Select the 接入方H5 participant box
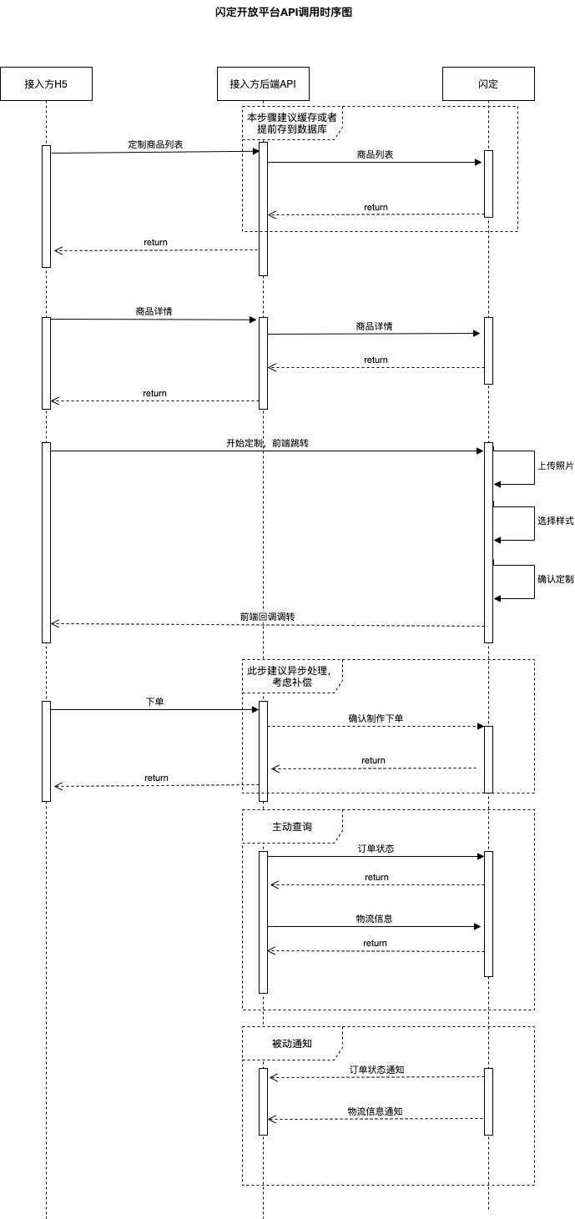46,83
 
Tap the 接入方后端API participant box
263,83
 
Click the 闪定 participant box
488,83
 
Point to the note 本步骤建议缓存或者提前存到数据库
292,123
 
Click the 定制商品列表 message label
155,144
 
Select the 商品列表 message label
375,154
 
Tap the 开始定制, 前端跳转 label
267,443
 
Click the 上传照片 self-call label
555,466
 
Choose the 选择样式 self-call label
555,521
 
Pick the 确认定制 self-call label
555,578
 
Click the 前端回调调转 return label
267,617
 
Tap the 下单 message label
154,702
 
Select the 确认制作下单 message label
376,718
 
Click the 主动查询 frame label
292,826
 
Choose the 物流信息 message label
375,919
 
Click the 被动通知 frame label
292,1043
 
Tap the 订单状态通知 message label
377,1070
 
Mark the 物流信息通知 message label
376,1111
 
